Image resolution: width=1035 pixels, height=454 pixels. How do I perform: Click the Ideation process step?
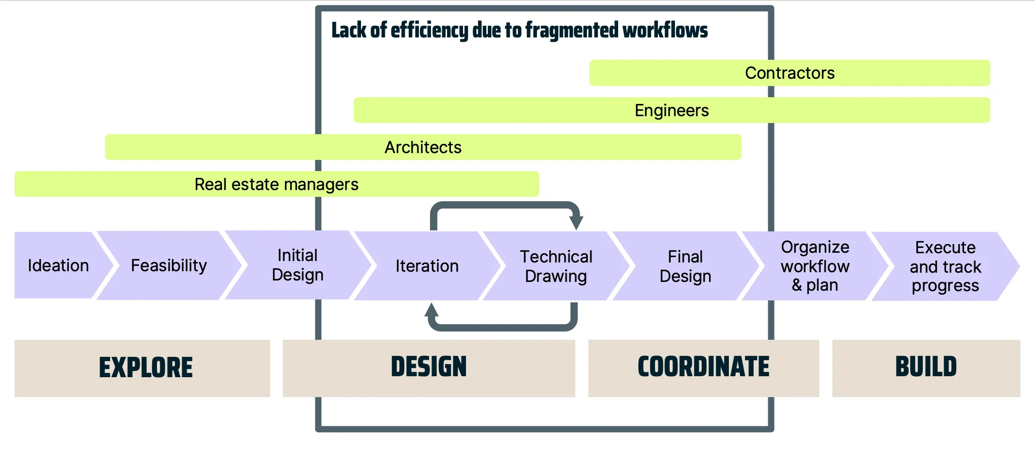[58, 265]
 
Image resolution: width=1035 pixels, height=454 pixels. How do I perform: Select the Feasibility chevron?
[169, 265]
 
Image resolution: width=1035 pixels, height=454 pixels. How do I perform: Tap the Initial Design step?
[297, 265]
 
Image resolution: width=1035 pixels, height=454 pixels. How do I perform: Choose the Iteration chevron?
[427, 266]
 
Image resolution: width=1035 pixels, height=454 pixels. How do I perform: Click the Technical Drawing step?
[556, 266]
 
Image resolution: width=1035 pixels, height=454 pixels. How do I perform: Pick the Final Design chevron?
[685, 266]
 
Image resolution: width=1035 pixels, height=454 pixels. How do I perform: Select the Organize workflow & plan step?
[815, 266]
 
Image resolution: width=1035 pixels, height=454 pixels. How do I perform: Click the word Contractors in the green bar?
[790, 73]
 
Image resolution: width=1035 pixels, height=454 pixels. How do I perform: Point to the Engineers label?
[672, 110]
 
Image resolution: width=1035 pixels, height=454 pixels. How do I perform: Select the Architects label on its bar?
[423, 147]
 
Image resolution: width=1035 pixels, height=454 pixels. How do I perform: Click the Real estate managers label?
[276, 184]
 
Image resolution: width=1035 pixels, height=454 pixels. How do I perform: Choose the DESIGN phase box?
[429, 368]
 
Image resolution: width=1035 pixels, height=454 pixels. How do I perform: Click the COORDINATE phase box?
[703, 368]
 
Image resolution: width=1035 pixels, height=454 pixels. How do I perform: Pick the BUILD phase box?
[926, 368]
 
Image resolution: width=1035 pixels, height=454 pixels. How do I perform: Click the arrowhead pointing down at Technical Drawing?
[576, 223]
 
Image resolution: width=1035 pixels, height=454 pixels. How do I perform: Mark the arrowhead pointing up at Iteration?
[431, 310]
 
